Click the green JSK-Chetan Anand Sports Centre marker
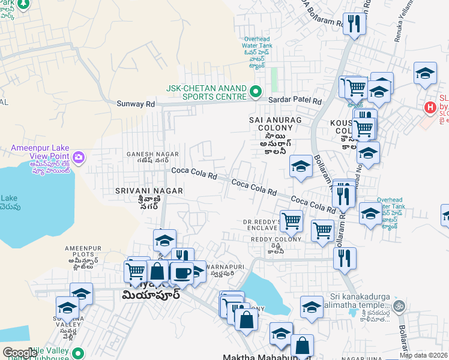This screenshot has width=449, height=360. click(x=256, y=92)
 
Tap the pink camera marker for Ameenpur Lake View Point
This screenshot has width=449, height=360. click(x=80, y=158)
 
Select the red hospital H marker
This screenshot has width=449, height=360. click(x=430, y=108)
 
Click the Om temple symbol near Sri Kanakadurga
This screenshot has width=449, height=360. click(x=400, y=305)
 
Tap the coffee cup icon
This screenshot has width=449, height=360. click(x=182, y=273)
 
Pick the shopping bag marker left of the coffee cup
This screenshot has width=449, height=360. click(x=158, y=271)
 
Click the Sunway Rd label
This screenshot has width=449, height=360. click(x=136, y=104)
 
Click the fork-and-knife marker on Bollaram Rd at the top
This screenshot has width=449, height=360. click(x=355, y=24)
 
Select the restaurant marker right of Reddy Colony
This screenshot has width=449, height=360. click(x=345, y=258)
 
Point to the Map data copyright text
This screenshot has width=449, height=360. click(x=423, y=355)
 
